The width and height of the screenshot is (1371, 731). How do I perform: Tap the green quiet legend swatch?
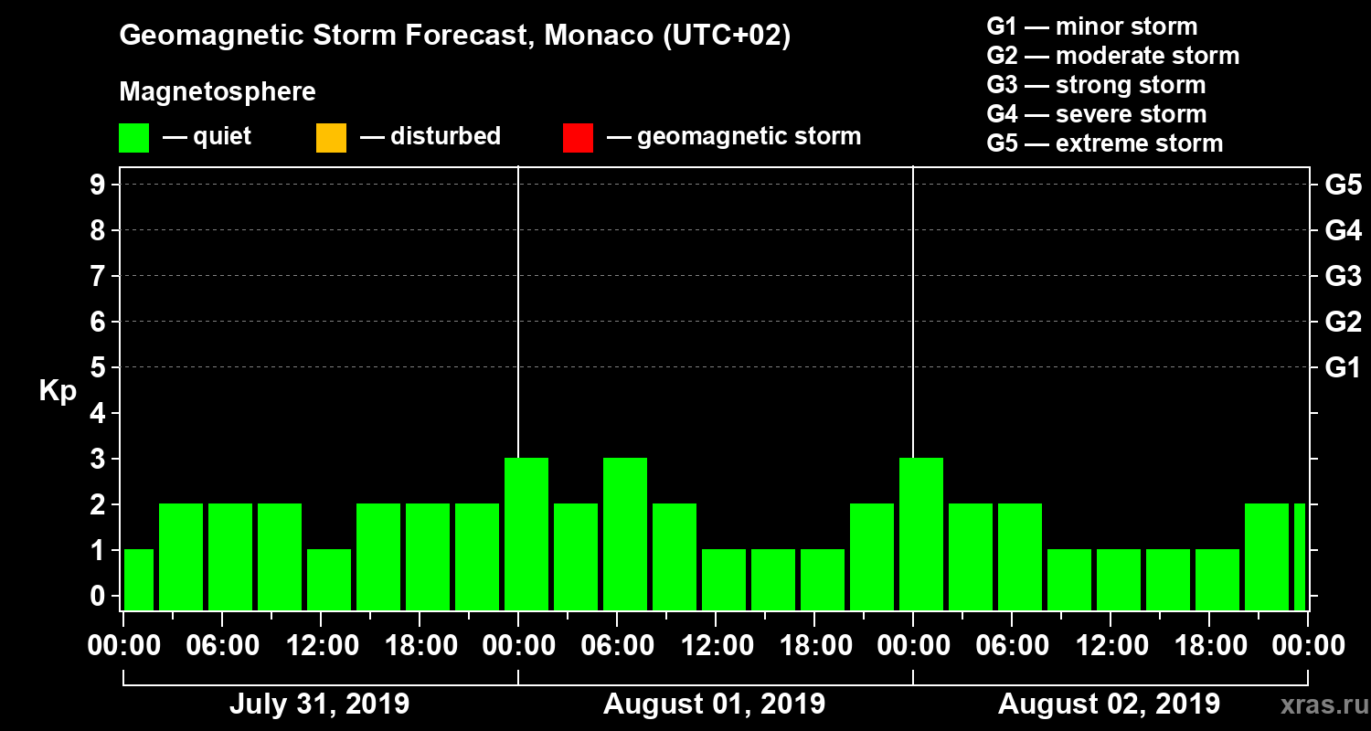click(133, 138)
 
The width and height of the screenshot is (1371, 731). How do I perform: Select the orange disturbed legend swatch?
click(331, 138)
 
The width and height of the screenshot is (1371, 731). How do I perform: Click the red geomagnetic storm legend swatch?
click(578, 138)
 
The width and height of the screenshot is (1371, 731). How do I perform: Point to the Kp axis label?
click(58, 391)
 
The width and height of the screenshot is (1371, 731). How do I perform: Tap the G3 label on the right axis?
click(1343, 276)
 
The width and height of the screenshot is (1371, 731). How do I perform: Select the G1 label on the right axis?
click(1343, 368)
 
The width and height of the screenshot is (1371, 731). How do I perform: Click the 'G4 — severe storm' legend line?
click(1096, 114)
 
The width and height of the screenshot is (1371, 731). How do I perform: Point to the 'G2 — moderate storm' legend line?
click(1112, 56)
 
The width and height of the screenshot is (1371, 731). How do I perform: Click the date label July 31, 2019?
click(319, 705)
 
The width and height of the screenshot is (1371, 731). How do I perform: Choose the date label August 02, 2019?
click(1109, 705)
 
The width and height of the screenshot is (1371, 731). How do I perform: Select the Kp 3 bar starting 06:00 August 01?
click(625, 534)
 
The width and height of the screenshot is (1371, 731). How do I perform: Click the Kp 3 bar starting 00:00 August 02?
click(921, 534)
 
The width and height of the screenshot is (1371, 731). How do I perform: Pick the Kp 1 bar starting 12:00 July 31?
click(329, 579)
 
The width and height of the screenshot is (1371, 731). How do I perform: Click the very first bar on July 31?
click(139, 579)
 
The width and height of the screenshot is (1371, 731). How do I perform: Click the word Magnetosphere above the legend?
click(218, 92)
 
